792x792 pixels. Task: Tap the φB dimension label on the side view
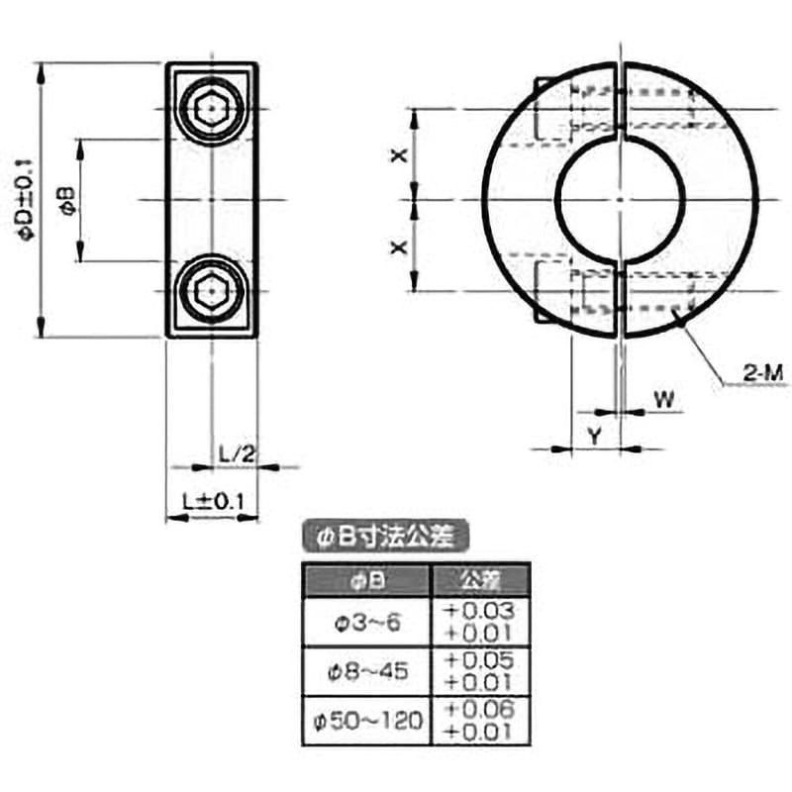coord(67,200)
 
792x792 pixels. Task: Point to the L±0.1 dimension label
coord(213,501)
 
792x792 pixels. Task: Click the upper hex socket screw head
coord(212,109)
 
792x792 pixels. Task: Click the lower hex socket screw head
coord(212,290)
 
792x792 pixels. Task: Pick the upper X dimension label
coord(399,155)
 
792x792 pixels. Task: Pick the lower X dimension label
coord(399,247)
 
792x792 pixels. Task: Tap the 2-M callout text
coord(762,373)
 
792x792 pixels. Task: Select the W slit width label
coord(664,400)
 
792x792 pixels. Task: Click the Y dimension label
coord(595,436)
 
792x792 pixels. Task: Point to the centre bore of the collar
coord(621,200)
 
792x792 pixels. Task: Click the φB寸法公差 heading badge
coord(385,536)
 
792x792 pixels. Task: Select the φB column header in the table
coord(366,581)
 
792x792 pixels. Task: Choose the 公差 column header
coord(481,581)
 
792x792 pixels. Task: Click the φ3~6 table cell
coord(366,623)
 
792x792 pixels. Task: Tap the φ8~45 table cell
coord(366,671)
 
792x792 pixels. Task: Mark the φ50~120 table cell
coord(366,721)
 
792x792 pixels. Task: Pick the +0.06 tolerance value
coord(479,709)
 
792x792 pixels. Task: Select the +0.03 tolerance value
coord(479,611)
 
